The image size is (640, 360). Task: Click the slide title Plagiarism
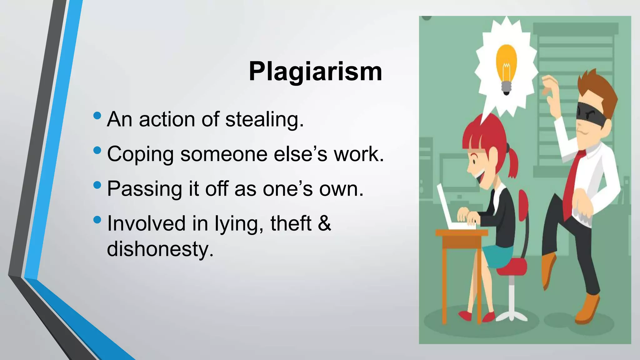click(315, 72)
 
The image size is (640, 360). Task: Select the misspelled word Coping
click(140, 154)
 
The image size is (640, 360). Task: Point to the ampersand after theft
click(325, 223)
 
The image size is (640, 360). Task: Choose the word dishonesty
click(160, 249)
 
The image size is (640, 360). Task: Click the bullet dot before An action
click(97, 116)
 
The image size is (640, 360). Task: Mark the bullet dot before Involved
click(97, 220)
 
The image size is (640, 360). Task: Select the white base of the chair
click(511, 314)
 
